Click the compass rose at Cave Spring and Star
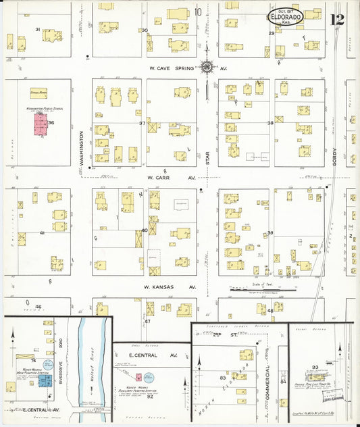(207, 67)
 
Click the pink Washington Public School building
(41, 124)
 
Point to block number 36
(51, 123)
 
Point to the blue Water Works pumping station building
(45, 381)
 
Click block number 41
(42, 232)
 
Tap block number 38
(270, 123)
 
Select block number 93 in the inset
(315, 368)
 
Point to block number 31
(38, 29)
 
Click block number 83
(223, 377)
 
